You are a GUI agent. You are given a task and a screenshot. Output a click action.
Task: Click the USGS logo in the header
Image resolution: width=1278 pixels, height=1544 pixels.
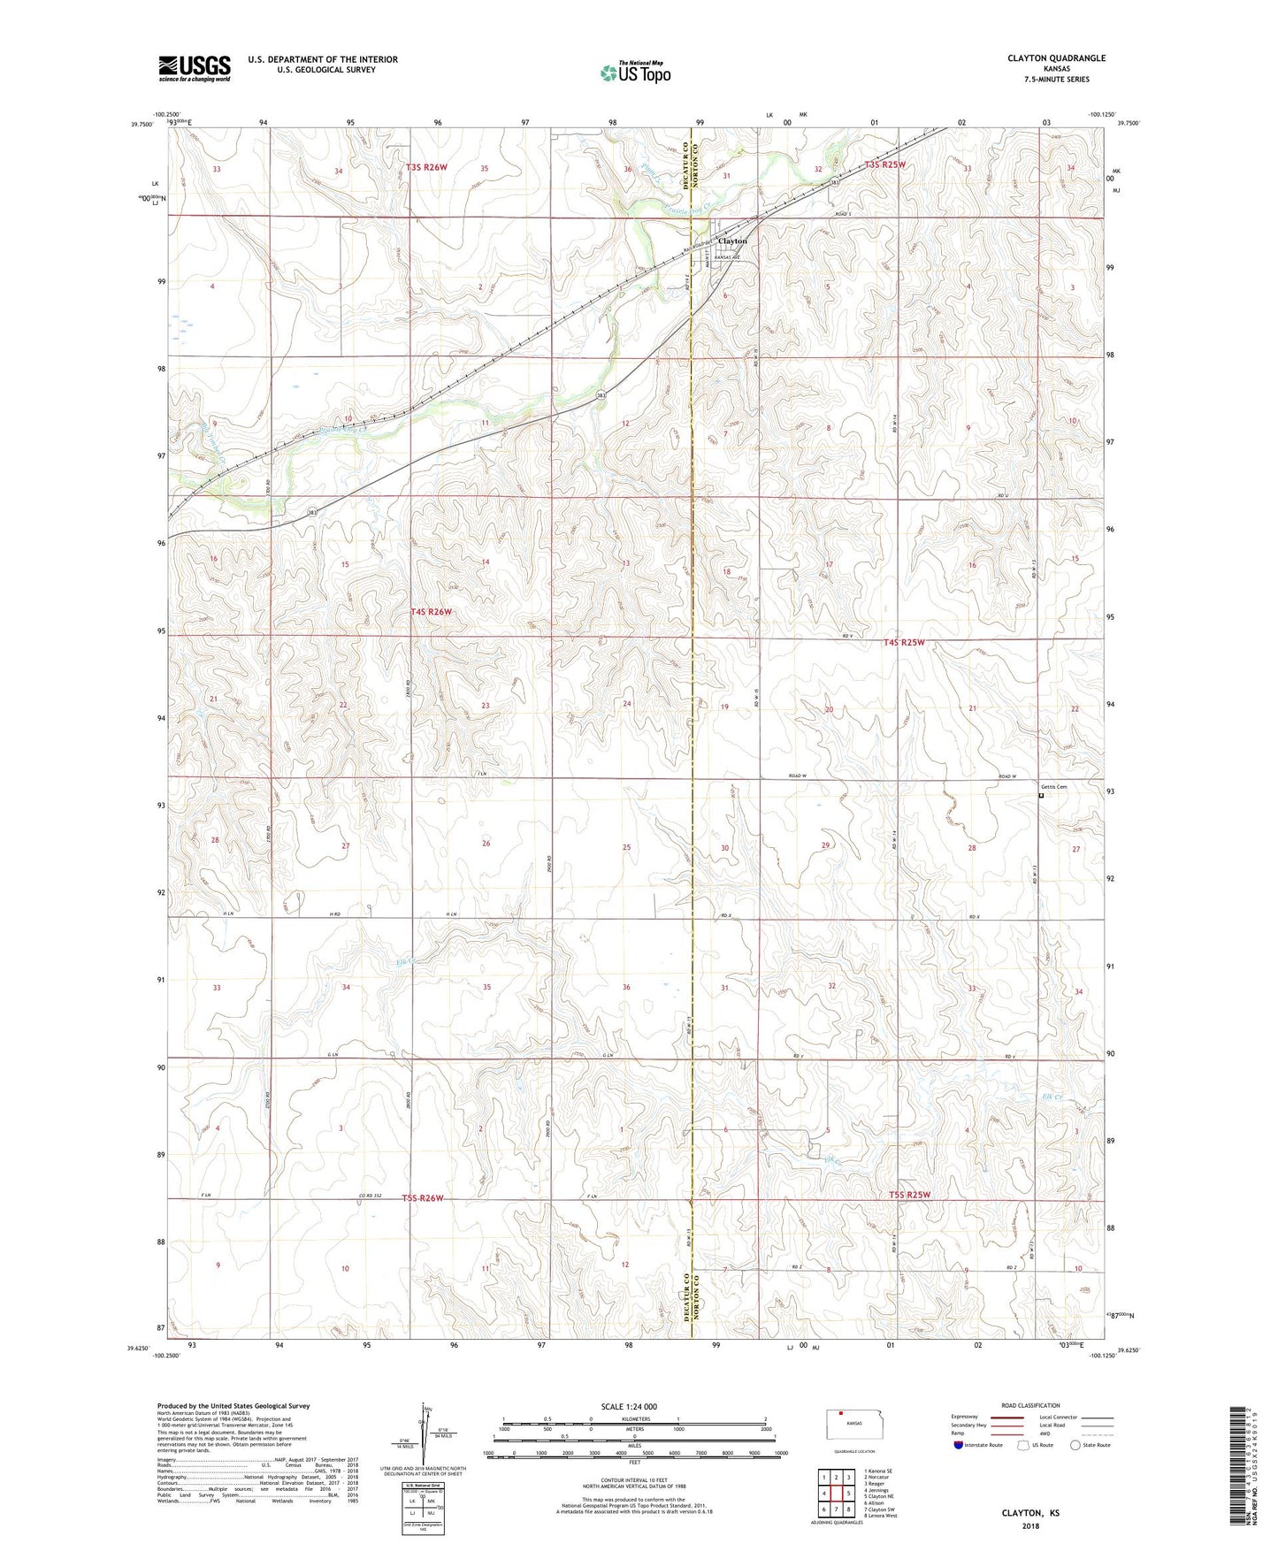click(194, 67)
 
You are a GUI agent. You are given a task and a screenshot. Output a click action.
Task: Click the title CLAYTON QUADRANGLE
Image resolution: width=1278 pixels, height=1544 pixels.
click(1056, 58)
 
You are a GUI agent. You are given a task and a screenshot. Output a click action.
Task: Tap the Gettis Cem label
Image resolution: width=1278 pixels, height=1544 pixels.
click(1053, 787)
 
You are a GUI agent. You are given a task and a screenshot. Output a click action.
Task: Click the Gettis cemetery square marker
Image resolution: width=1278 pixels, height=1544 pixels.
click(1041, 795)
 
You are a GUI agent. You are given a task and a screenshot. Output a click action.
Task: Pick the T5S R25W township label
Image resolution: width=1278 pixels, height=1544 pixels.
click(909, 1196)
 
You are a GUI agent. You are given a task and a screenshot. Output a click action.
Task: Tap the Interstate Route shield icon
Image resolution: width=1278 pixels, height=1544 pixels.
click(959, 1445)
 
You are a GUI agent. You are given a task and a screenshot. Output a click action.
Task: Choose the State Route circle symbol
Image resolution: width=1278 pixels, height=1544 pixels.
click(1075, 1445)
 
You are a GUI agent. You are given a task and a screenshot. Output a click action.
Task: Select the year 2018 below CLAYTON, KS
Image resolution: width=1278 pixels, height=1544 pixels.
click(1029, 1526)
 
